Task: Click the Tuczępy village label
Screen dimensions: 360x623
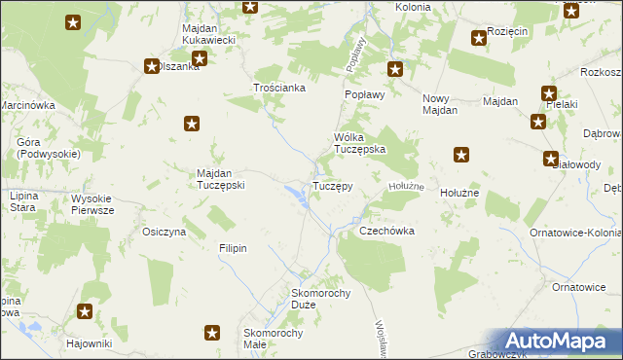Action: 331,185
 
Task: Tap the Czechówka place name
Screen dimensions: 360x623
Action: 387,232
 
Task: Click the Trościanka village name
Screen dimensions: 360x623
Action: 280,88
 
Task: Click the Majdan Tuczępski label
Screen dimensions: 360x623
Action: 220,179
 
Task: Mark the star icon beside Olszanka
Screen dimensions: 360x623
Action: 152,66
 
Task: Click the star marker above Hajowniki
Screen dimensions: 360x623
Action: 86,312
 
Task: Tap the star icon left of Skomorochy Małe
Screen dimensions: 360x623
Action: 212,334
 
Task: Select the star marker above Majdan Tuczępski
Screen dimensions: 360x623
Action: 192,123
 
